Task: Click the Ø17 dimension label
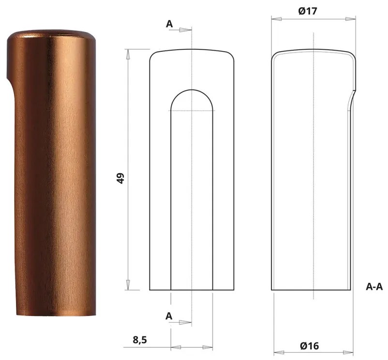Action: pyautogui.click(x=308, y=11)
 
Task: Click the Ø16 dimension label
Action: pyautogui.click(x=309, y=346)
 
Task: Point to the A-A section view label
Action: pyautogui.click(x=374, y=287)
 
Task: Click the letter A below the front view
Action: pyautogui.click(x=169, y=316)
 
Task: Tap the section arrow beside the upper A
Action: pyautogui.click(x=185, y=30)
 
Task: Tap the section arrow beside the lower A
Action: pyautogui.click(x=185, y=322)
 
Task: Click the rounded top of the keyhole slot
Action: pyautogui.click(x=192, y=90)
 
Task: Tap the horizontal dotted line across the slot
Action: pyautogui.click(x=192, y=111)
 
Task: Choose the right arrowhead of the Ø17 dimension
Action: pyautogui.click(x=354, y=20)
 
